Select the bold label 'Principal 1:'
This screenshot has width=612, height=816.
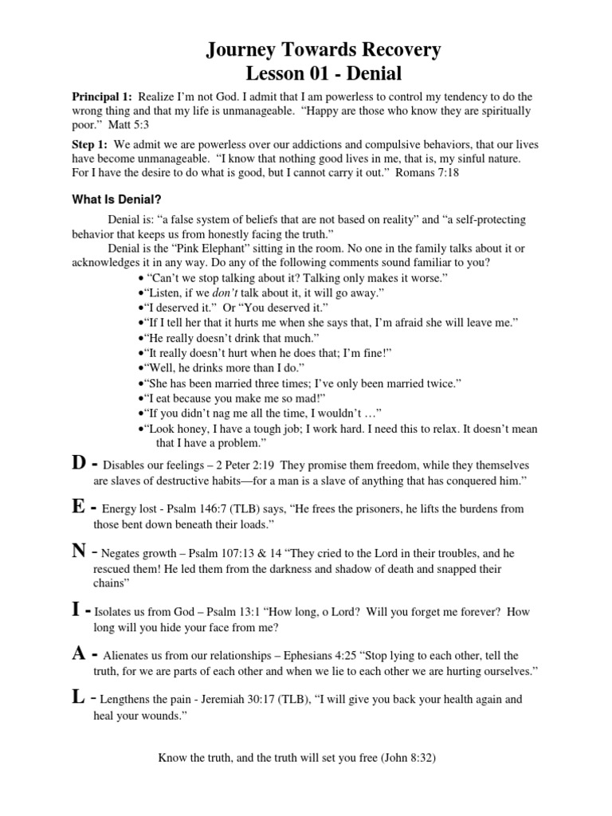pyautogui.click(x=103, y=96)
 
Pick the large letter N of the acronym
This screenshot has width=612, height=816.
pyautogui.click(x=80, y=552)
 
